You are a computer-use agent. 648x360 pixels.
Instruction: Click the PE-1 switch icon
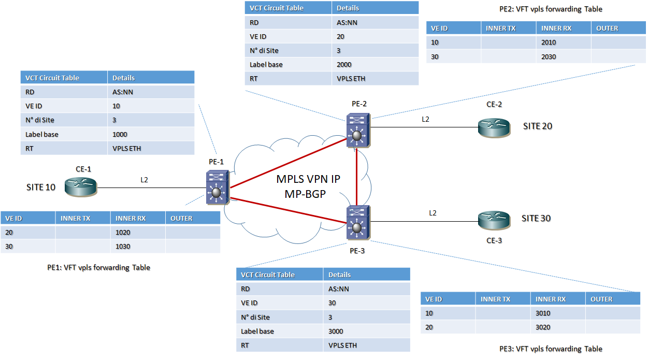pyautogui.click(x=216, y=187)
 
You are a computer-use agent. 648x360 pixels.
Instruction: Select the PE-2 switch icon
pyautogui.click(x=357, y=129)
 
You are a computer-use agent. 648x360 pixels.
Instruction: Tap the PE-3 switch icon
pyautogui.click(x=356, y=223)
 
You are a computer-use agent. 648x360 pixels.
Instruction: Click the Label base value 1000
pyautogui.click(x=120, y=134)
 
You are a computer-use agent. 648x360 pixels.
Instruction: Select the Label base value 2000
pyautogui.click(x=344, y=65)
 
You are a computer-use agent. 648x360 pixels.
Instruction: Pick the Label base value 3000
pyautogui.click(x=336, y=331)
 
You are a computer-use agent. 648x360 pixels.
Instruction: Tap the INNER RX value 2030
pyautogui.click(x=549, y=56)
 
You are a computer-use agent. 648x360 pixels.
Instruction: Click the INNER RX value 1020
pyautogui.click(x=123, y=233)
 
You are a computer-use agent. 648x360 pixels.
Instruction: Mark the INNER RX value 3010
pyautogui.click(x=543, y=313)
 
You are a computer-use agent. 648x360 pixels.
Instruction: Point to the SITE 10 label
pyautogui.click(x=41, y=187)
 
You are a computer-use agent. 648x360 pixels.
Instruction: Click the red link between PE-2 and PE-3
pyautogui.click(x=357, y=175)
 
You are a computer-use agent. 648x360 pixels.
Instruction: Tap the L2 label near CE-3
pyautogui.click(x=433, y=213)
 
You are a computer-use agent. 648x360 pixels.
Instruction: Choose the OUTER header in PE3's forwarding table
pyautogui.click(x=601, y=299)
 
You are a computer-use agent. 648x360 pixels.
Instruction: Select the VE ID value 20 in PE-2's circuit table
pyautogui.click(x=340, y=37)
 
